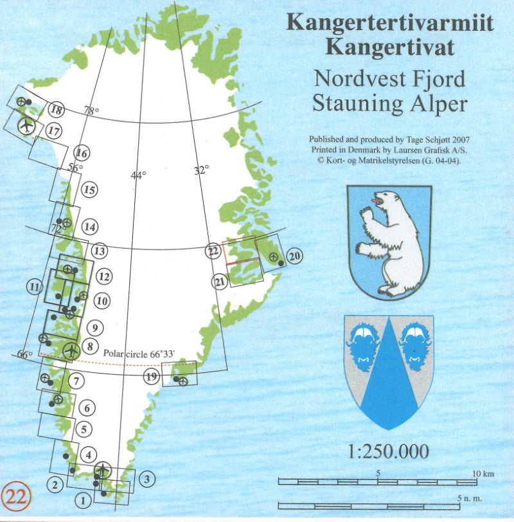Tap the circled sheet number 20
point(296,256)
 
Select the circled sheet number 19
point(152,377)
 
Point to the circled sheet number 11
point(35,287)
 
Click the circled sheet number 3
point(147,478)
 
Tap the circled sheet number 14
point(90,227)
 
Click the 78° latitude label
point(92,111)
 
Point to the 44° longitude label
point(138,175)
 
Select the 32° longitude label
point(202,170)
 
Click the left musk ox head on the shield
point(362,341)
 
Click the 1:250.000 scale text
point(388,451)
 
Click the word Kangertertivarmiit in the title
point(390,22)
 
